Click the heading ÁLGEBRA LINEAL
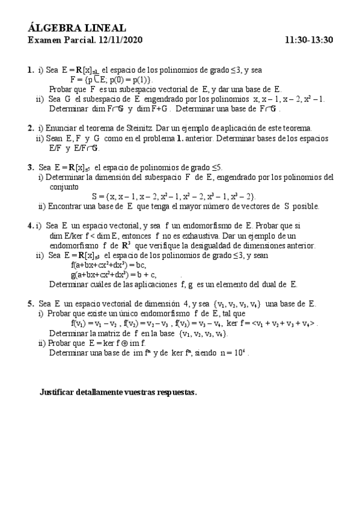click(77, 28)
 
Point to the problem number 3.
click(30, 167)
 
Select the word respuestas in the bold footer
click(176, 392)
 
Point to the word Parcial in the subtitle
click(78, 40)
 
